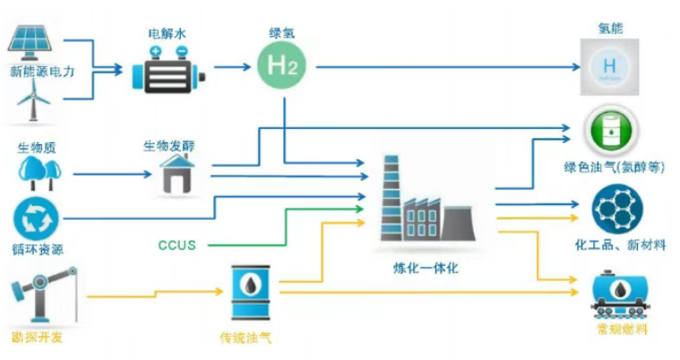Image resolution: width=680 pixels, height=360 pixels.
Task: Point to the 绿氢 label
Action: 280,33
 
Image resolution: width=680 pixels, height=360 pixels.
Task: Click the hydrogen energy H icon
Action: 609,67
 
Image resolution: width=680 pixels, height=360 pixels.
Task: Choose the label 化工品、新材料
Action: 619,244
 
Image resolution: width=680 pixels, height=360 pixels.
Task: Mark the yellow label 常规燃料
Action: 620,330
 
